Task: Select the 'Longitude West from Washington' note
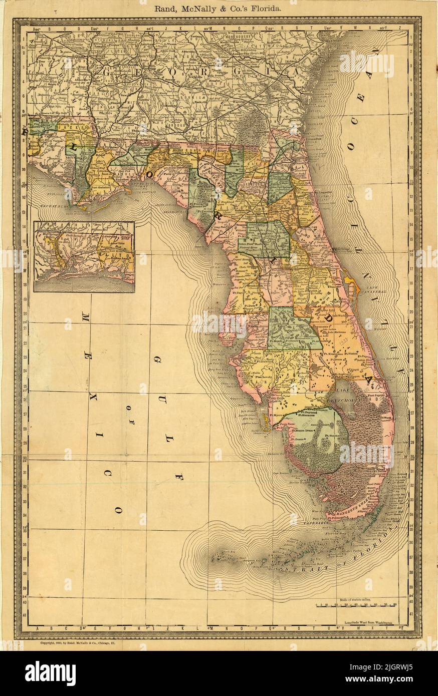(375, 622)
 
